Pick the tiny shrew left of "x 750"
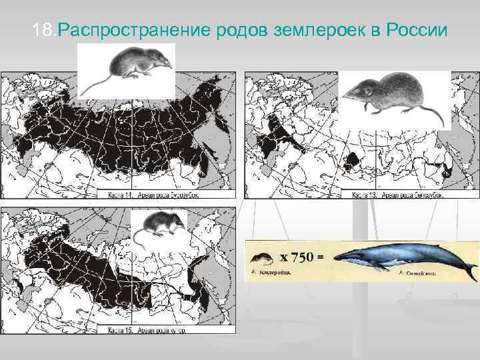coord(261,258)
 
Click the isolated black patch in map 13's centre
coord(351,161)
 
